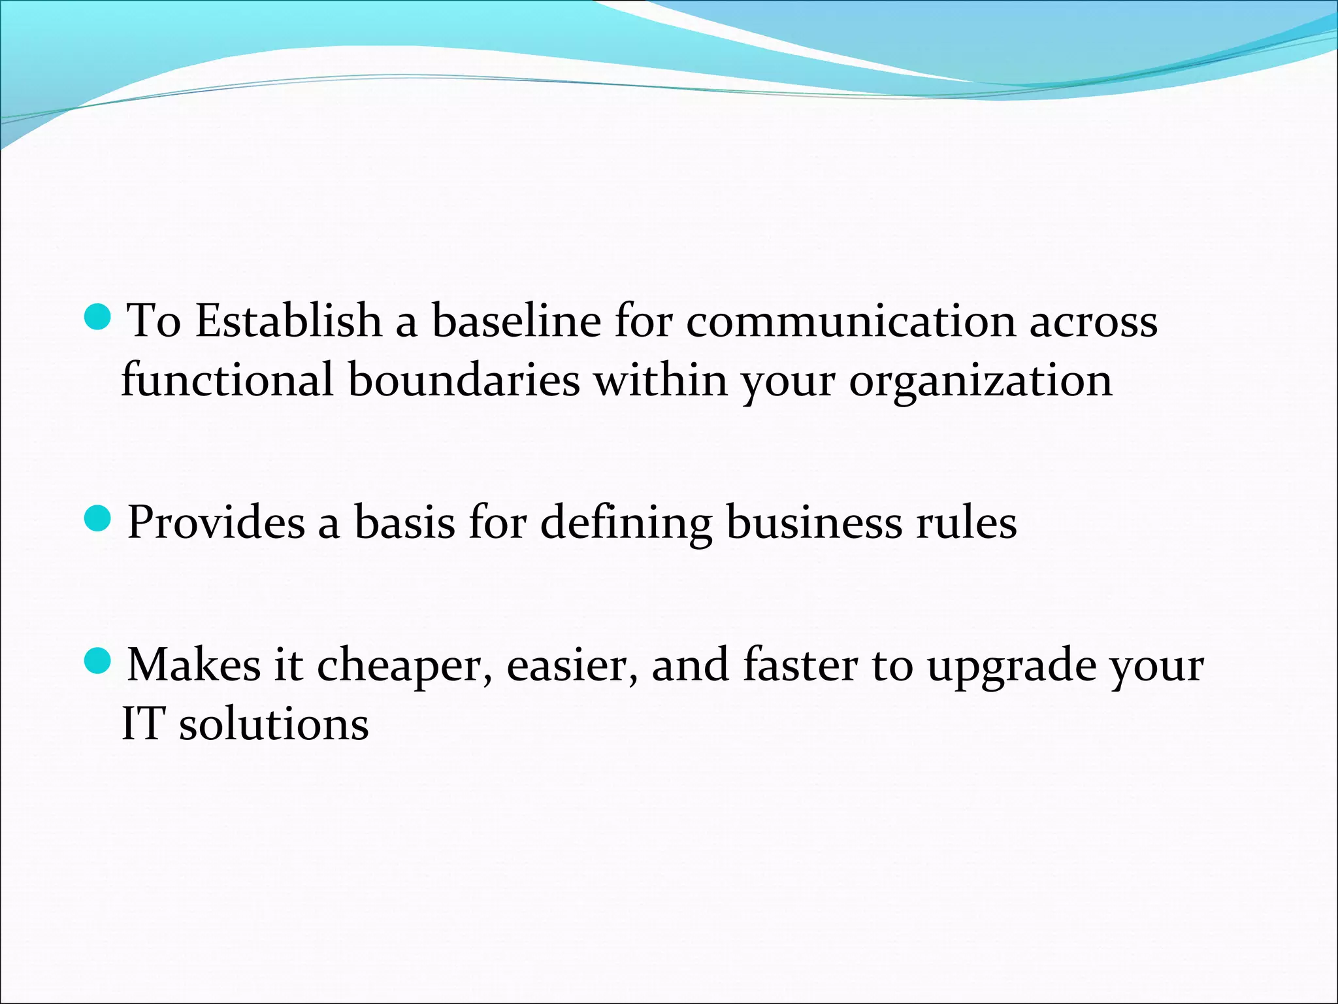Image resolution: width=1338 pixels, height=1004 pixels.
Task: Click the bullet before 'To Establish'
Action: (x=98, y=316)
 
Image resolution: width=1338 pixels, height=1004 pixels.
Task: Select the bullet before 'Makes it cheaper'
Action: (x=98, y=661)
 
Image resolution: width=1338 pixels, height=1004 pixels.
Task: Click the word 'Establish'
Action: (x=288, y=322)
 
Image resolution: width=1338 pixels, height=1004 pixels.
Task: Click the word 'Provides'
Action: (x=216, y=523)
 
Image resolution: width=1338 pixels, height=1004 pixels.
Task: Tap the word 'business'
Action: (x=814, y=523)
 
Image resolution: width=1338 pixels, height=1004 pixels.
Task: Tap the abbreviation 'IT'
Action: (x=142, y=724)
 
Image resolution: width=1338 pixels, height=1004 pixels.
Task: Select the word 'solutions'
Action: (x=274, y=724)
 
